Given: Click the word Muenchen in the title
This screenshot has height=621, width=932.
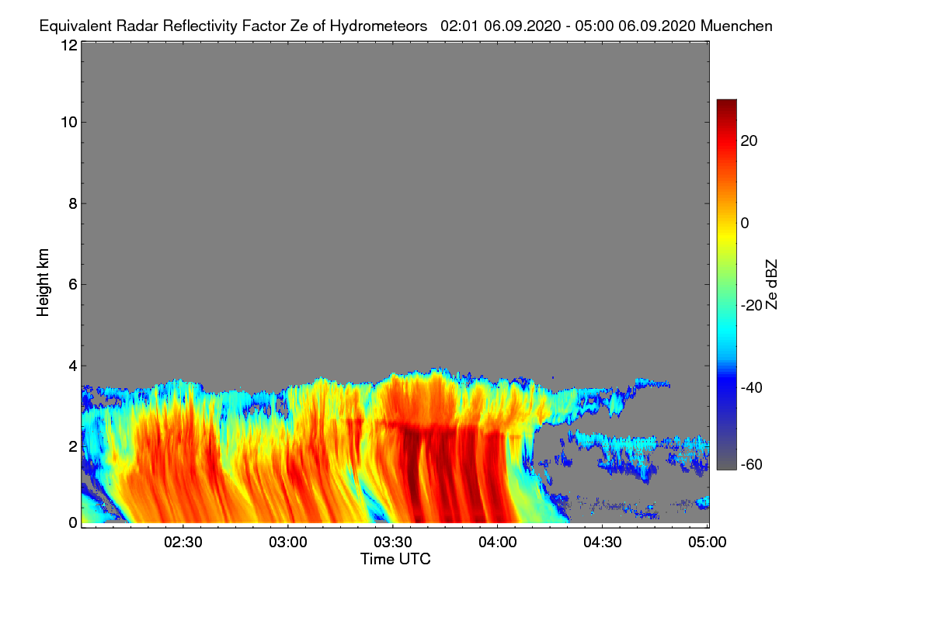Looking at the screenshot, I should (736, 26).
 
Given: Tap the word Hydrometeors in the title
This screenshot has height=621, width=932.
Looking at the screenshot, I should (378, 26).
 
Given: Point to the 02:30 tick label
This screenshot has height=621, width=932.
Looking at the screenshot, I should (184, 542).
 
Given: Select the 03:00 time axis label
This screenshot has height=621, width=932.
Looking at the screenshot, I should (289, 542).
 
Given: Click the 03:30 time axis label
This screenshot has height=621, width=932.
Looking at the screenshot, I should (394, 542).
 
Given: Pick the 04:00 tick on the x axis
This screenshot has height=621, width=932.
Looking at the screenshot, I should (498, 542).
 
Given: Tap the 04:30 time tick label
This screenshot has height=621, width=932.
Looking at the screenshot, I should (603, 542).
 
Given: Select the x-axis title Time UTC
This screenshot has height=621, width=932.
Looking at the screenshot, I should (395, 559).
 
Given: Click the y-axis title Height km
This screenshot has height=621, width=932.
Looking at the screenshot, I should (43, 283).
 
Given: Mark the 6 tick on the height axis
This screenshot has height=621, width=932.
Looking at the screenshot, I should (71, 284).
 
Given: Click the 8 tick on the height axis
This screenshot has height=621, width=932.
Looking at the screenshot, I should (71, 203).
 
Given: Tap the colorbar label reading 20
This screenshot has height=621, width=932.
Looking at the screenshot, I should (749, 141).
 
